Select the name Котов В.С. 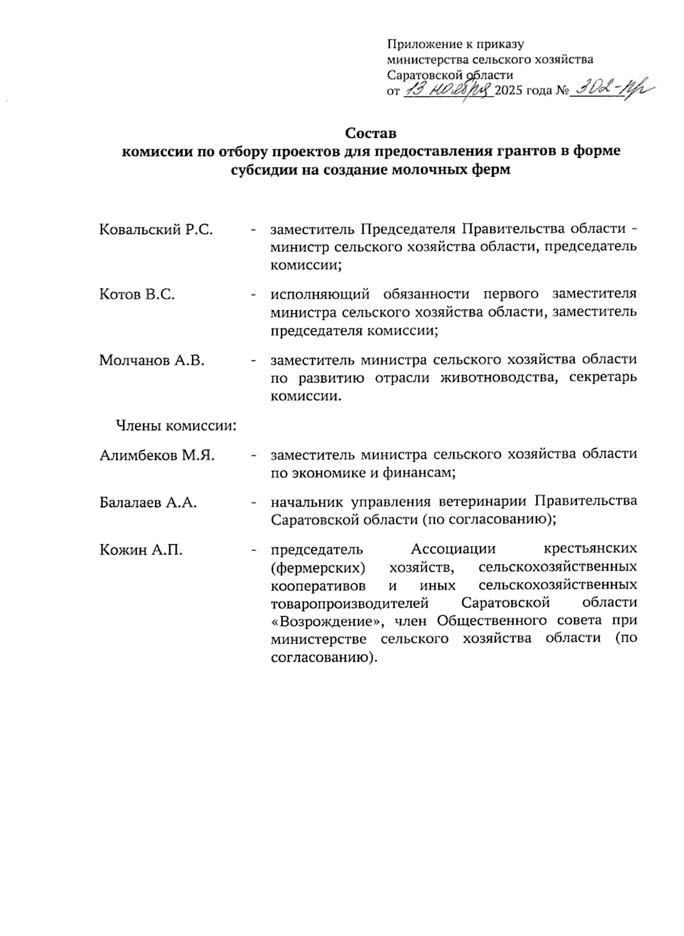(137, 295)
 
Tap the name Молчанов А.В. (152, 360)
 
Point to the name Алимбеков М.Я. (157, 455)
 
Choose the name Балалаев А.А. (148, 503)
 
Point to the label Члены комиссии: (176, 426)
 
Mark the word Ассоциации (453, 550)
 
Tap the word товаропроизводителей (349, 603)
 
